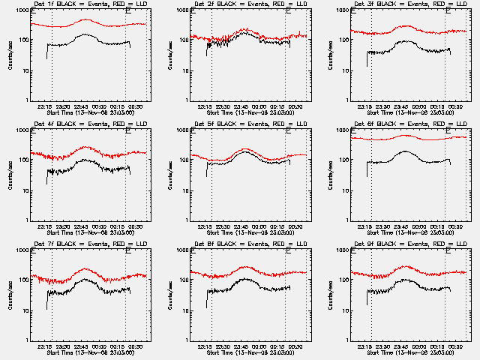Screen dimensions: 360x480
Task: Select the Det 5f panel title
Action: pyautogui.click(x=241, y=125)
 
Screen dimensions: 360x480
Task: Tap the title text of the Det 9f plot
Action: pyautogui.click(x=401, y=244)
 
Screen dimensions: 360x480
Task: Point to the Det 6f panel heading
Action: pyautogui.click(x=401, y=125)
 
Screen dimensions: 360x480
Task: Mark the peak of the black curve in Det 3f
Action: pyautogui.click(x=406, y=42)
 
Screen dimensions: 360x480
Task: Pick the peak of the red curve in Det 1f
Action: pyautogui.click(x=87, y=20)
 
